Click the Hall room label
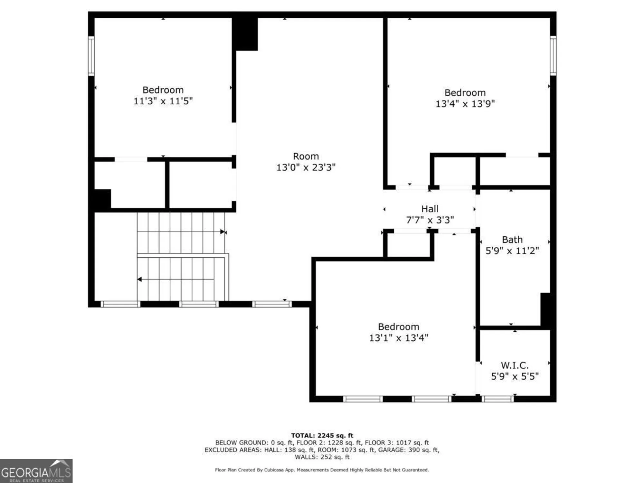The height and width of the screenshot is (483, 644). pos(430,209)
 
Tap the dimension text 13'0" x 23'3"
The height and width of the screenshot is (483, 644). pos(306,167)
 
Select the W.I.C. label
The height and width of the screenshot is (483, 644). pos(515,365)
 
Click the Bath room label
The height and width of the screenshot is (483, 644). pos(512,240)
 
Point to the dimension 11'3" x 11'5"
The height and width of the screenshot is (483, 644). pos(163,101)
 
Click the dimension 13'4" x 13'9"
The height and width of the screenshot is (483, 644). pos(465,104)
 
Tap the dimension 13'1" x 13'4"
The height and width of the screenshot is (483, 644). pos(399,338)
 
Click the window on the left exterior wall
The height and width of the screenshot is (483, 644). pos(91,56)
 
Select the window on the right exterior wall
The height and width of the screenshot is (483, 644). pos(553,56)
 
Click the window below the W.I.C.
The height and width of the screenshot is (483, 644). pos(498,399)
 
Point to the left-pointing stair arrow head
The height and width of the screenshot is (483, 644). pos(140,279)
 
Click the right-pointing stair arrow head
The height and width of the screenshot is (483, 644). pos(223,232)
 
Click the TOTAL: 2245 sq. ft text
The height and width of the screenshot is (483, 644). pos(322,436)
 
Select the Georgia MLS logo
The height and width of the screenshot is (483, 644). pos(36,471)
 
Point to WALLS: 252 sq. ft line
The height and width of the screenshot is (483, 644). pos(322,457)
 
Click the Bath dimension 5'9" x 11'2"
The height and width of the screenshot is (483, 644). pos(512,251)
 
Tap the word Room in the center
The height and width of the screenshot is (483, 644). pos(306,156)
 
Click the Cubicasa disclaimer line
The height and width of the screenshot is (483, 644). pos(322,470)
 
